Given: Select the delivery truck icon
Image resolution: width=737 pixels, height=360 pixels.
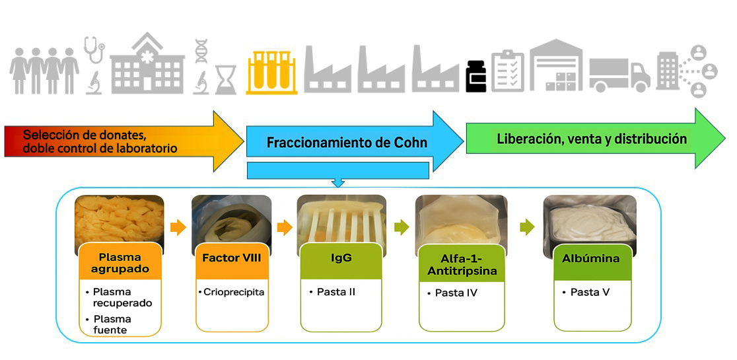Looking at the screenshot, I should point(619,75).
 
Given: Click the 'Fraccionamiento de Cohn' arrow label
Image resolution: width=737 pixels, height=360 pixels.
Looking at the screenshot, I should point(347,143).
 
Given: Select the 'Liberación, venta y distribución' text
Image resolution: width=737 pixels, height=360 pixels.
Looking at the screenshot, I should point(592,139).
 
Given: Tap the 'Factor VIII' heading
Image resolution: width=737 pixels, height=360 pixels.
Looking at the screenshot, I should point(232,258).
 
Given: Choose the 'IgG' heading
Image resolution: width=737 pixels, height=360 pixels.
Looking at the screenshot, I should point(341,258).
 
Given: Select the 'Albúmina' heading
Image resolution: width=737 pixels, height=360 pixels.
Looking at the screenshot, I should point(592,258).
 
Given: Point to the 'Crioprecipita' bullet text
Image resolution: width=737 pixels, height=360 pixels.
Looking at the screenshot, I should point(234,291).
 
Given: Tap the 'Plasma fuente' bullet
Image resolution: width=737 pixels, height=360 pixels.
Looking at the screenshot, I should point(112,324).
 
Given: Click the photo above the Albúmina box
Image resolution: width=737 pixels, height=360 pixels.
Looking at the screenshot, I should point(590,218).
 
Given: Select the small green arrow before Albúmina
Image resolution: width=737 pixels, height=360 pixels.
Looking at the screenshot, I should point(526,228).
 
